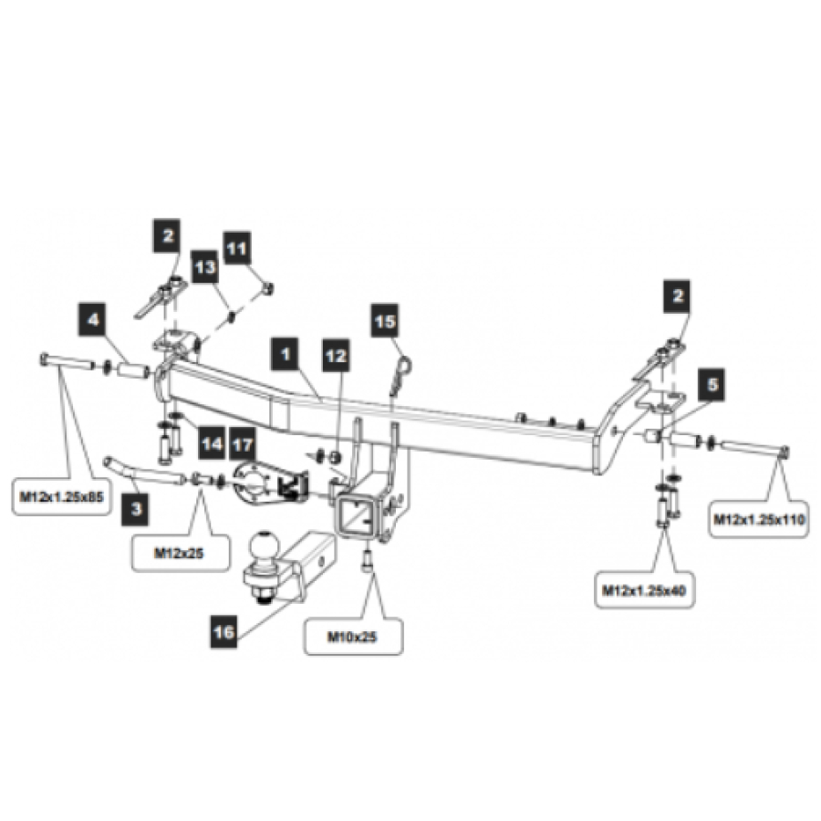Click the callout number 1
(286, 351)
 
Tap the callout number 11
(236, 247)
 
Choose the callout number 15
(385, 322)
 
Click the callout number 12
(336, 357)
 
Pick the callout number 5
(712, 387)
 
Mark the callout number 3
(135, 509)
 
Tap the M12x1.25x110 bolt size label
(756, 520)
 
